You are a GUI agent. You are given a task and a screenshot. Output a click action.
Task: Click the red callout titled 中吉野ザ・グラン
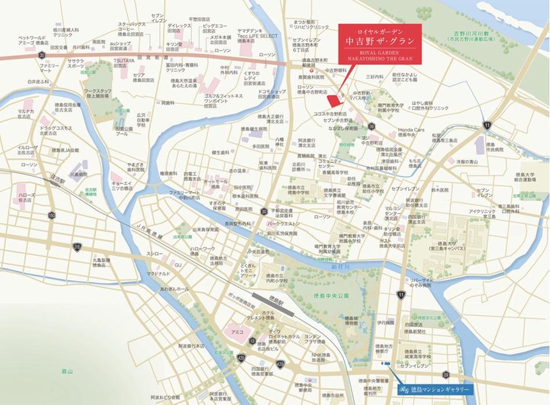tap(379, 44)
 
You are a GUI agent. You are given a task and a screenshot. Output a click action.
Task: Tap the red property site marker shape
tap(332, 99)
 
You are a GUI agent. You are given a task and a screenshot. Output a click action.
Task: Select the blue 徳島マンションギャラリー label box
tap(435, 390)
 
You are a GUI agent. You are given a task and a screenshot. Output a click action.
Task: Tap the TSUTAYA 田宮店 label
tap(124, 60)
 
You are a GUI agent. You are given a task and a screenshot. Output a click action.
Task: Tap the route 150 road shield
tap(52, 215)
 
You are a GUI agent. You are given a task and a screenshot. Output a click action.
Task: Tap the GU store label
tap(178, 265)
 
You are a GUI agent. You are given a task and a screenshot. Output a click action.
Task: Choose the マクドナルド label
tap(157, 273)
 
